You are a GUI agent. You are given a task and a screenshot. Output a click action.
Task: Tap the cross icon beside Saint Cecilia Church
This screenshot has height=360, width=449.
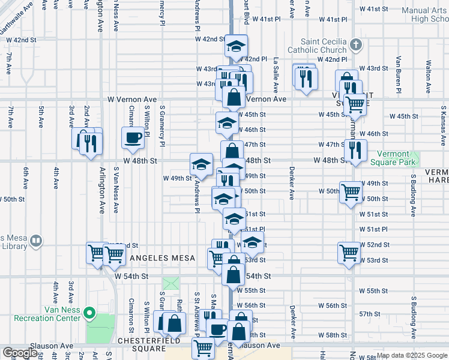coord(356,44)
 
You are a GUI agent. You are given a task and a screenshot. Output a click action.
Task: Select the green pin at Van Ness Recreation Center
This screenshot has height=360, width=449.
coord(89,313)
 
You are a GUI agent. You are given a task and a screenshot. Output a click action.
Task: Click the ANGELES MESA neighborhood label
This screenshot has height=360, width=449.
coord(163,258)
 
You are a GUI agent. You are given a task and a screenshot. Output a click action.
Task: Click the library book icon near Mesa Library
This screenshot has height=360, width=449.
coord(36,241)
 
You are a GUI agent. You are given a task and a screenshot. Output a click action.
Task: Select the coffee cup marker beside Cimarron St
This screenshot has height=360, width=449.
coord(133,137)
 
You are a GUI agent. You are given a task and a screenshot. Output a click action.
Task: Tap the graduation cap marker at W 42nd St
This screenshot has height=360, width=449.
coord(236,45)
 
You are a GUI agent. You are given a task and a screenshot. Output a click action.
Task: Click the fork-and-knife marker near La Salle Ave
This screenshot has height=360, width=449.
coord(306,78)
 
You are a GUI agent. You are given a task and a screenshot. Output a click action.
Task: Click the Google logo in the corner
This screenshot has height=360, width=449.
coord(20,353)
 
